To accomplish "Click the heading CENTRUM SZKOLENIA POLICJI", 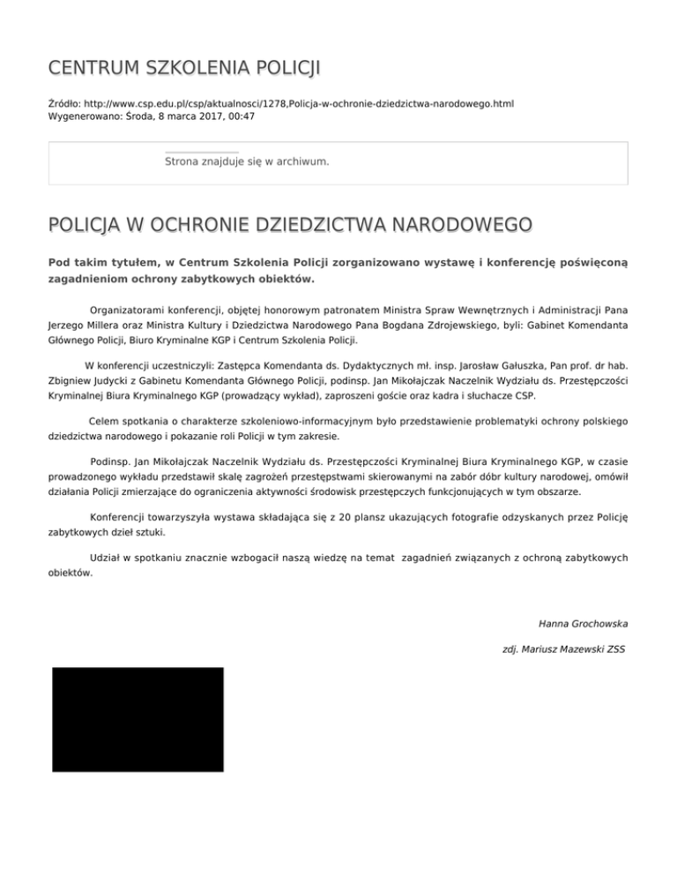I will tap(184, 68).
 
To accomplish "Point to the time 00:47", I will tap(241, 116).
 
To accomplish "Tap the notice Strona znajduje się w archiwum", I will tap(247, 162).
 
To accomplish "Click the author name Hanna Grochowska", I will tap(584, 624).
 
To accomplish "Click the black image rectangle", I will tap(138, 719).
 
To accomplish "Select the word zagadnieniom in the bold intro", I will tap(90, 279).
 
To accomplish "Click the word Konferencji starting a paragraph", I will tap(123, 517).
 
